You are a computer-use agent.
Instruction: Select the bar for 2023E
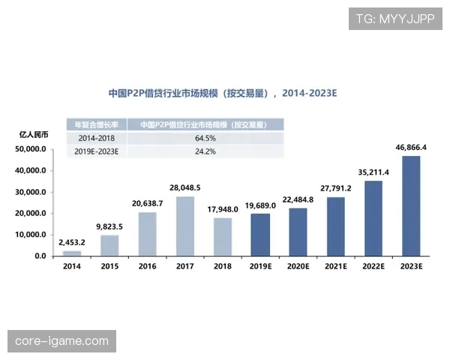pyautogui.click(x=411, y=206)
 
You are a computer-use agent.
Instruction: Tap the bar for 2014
pyautogui.click(x=72, y=253)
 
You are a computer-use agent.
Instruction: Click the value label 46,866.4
pyautogui.click(x=411, y=148)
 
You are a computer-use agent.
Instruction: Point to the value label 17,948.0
pyautogui.click(x=223, y=209)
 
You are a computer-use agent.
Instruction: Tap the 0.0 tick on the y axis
pyautogui.click(x=40, y=256)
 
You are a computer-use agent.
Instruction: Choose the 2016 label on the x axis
pyautogui.click(x=147, y=267)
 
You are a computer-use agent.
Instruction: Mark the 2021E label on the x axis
pyautogui.click(x=335, y=267)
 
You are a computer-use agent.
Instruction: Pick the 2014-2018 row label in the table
pyautogui.click(x=97, y=138)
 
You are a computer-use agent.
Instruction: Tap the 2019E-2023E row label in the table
pyautogui.click(x=97, y=151)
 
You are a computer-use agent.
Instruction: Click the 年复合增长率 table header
pyautogui.click(x=97, y=124)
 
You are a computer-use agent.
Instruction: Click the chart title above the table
pyautogui.click(x=223, y=94)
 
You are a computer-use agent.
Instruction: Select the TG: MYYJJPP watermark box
pyautogui.click(x=395, y=19)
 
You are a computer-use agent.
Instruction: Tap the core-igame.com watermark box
pyautogui.click(x=62, y=341)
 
